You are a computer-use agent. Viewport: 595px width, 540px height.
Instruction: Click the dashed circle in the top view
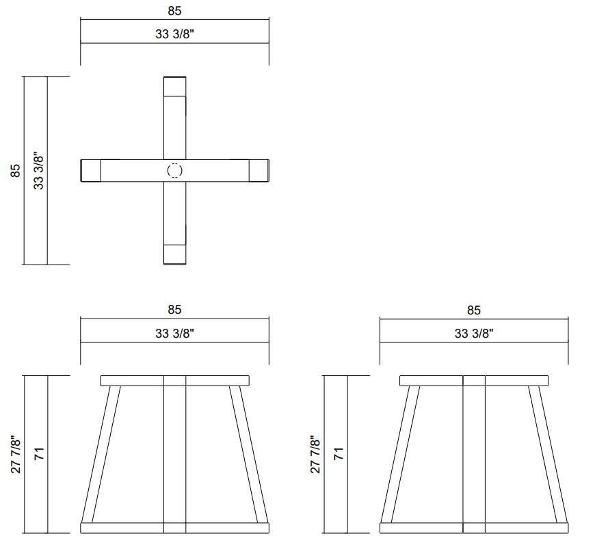point(175,170)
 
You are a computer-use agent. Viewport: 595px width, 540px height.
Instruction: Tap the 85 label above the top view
point(174,11)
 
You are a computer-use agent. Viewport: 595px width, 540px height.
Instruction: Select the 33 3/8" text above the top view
point(174,36)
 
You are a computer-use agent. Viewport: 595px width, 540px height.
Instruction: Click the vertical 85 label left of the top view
point(15,170)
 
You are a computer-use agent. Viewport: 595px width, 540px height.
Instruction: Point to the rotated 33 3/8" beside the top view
point(38,170)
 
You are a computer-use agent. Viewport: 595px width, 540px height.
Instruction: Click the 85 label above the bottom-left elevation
point(174,310)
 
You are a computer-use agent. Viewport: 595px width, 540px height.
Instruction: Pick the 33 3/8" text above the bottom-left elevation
point(174,334)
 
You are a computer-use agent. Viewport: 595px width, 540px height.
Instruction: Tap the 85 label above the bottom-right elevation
point(473,310)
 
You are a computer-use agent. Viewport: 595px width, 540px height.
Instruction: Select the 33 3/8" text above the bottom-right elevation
point(473,334)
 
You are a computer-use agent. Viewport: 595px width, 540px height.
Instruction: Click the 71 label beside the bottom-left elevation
point(38,455)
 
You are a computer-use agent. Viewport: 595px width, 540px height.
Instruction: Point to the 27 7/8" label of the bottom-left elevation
point(15,455)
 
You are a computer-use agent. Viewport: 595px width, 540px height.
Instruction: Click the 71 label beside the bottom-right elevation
point(337,455)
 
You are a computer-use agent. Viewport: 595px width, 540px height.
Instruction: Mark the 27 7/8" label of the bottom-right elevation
point(314,455)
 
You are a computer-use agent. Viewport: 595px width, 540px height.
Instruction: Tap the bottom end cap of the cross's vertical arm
point(175,254)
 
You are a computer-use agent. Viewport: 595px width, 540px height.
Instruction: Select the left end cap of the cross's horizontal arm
point(91,170)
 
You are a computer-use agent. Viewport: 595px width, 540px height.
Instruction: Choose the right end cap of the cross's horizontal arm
point(259,170)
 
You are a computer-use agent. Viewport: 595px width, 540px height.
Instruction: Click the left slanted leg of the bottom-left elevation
point(101,455)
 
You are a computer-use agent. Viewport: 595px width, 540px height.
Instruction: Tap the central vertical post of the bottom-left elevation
point(175,455)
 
